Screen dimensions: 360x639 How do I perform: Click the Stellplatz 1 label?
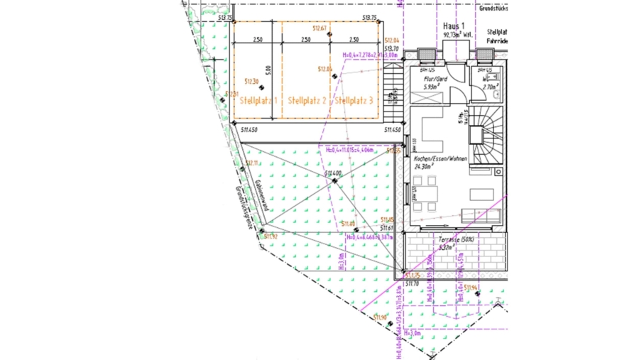258,101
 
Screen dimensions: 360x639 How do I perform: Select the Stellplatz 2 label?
307,101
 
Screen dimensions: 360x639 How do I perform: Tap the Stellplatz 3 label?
354,101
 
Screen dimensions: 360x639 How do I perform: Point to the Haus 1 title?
453,26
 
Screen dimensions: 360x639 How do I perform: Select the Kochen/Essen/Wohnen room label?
440,159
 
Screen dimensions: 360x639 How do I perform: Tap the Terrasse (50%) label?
456,240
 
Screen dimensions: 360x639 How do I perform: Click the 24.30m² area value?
425,167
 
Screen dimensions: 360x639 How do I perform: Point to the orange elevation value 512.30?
251,81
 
